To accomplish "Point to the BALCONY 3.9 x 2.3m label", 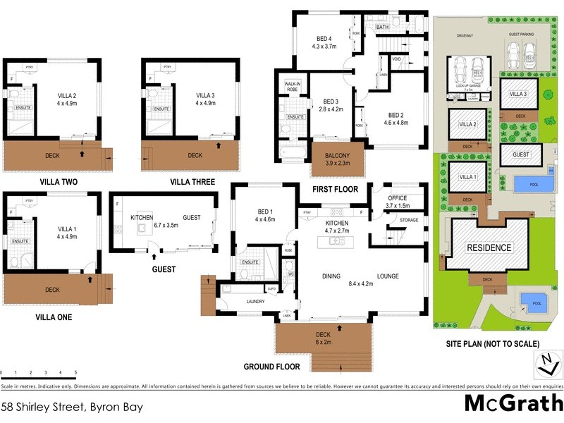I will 337,159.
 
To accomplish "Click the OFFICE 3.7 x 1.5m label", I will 398,202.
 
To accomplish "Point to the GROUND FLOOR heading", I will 271,367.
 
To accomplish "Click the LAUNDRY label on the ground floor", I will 255,302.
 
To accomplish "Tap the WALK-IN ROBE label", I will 292,87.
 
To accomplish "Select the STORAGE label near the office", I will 409,220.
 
